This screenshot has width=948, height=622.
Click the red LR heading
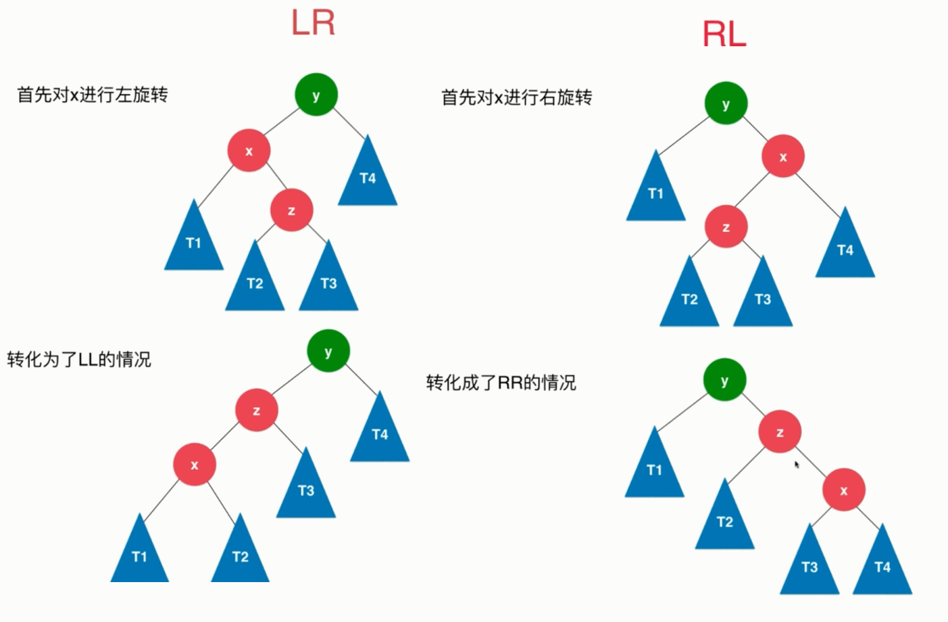(313, 22)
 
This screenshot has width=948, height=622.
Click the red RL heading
(724, 34)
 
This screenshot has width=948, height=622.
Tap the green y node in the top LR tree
(316, 95)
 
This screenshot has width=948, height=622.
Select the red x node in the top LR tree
(249, 150)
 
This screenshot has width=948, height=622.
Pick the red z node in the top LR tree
(291, 210)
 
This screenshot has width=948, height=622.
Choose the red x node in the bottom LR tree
(195, 464)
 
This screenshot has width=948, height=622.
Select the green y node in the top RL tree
(726, 103)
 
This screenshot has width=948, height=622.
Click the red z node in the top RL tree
(726, 227)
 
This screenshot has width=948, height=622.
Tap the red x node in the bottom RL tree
(843, 490)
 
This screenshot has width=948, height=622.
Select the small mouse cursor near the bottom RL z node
(797, 464)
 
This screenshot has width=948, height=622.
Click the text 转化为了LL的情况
(79, 359)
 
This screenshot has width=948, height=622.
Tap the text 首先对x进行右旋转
(516, 97)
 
